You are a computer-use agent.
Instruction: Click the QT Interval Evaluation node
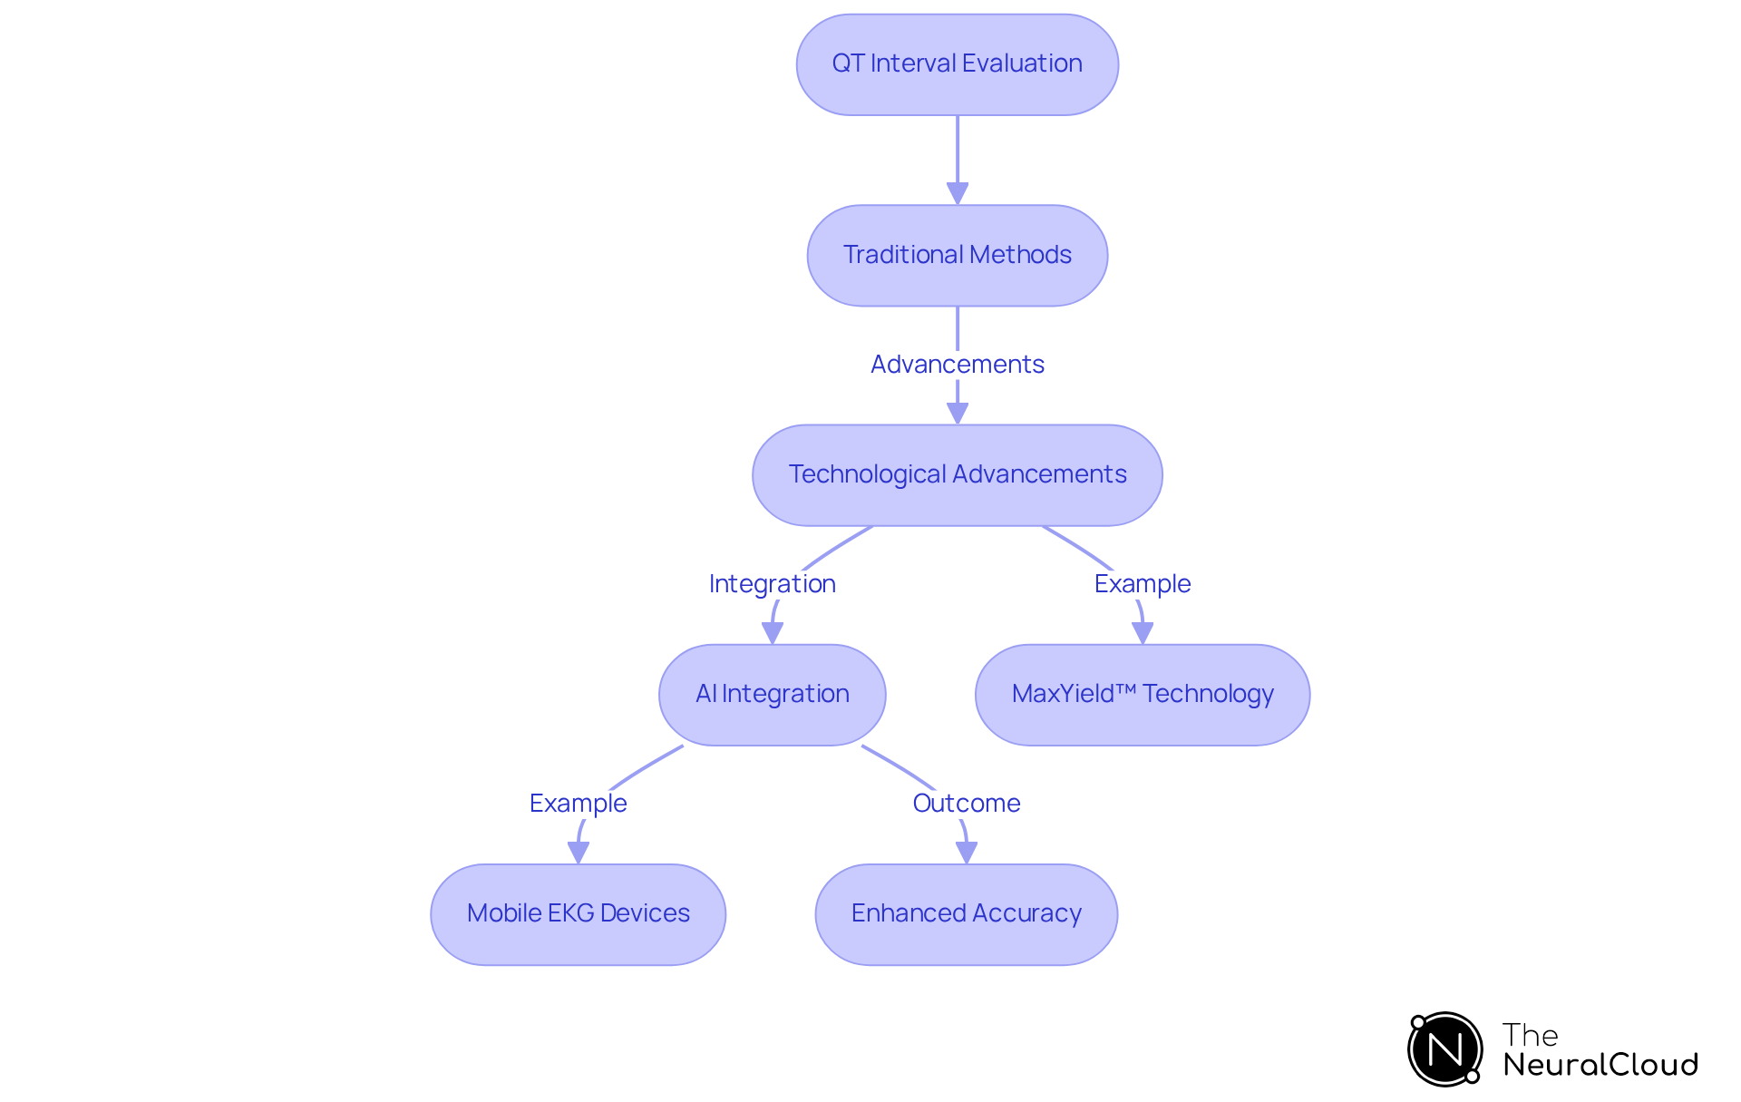(x=957, y=64)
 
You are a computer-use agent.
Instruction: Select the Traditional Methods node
(x=957, y=255)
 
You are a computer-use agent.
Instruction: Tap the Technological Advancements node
(x=957, y=474)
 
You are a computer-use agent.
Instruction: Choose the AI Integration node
(x=772, y=694)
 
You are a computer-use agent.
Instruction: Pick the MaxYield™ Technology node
(x=1142, y=694)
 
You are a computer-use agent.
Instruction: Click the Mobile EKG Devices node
(x=578, y=913)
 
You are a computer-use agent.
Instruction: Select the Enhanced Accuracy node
(x=966, y=913)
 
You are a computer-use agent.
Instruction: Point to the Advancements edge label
(x=957, y=365)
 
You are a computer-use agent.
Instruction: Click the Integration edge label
(x=772, y=584)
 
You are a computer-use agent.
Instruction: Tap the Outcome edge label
(x=966, y=804)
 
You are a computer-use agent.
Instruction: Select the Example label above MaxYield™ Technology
(x=1142, y=584)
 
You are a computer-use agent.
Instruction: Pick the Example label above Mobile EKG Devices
(x=578, y=804)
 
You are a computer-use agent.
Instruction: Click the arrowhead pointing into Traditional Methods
(x=957, y=193)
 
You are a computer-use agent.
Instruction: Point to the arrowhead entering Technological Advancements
(x=957, y=413)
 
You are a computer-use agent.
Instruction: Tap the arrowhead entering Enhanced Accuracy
(x=966, y=852)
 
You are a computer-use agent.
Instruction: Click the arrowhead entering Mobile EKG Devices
(x=578, y=852)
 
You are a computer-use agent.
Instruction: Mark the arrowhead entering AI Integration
(x=772, y=632)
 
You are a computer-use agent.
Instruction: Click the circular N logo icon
(x=1444, y=1049)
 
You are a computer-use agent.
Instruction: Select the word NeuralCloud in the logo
(x=1600, y=1065)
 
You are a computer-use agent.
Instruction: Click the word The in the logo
(x=1530, y=1035)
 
